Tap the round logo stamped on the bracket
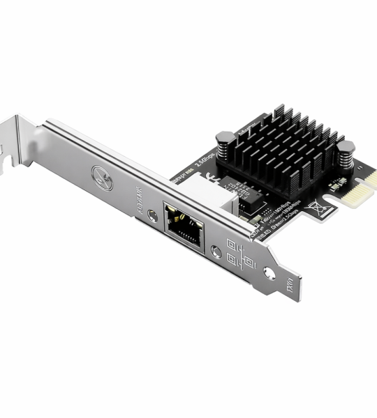coord(103,179)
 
